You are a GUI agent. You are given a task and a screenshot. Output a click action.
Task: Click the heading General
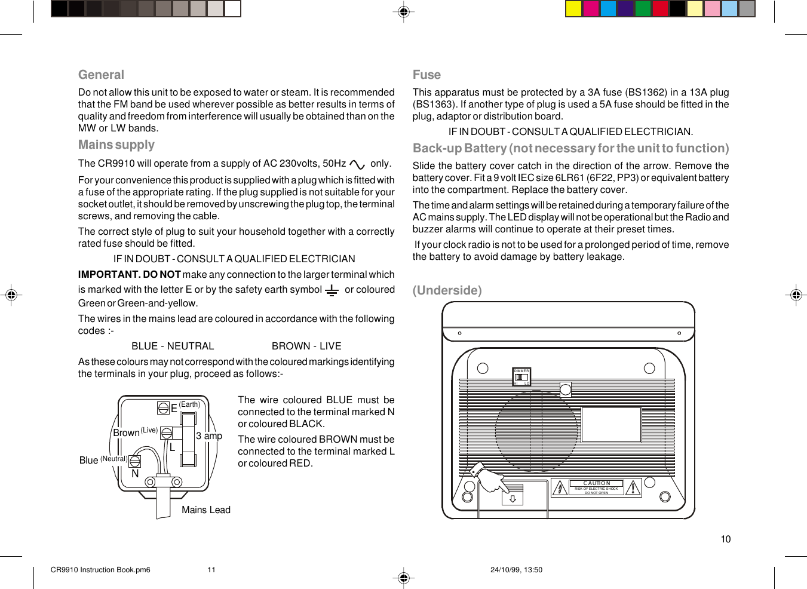pos(101,75)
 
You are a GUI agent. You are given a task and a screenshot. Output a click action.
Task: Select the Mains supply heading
pos(116,145)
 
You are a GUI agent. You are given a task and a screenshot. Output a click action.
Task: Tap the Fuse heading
pos(426,75)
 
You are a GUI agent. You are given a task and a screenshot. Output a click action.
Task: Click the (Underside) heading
pos(447,290)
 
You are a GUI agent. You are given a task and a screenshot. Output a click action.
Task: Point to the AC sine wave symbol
pos(357,164)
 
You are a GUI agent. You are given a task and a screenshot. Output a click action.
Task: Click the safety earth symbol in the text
pos(332,290)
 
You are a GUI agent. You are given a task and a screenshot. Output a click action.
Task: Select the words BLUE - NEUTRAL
pos(173,346)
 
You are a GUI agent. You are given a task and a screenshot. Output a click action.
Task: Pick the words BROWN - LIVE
pos(306,346)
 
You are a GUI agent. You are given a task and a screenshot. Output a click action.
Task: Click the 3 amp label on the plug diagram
pos(209,436)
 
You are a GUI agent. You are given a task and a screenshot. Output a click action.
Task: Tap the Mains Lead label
pos(205,510)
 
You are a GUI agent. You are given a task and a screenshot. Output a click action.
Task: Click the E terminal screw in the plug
pos(163,407)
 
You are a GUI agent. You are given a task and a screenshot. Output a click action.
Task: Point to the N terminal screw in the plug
pos(135,461)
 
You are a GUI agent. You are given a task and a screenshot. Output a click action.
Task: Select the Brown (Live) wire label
pos(135,432)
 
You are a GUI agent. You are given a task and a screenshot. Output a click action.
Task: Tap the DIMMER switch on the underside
pos(521,377)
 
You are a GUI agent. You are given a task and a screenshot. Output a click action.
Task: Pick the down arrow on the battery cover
pos(513,498)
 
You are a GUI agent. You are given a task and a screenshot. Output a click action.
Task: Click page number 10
pos(725,539)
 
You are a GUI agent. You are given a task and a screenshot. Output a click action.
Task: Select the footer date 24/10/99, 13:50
pos(516,570)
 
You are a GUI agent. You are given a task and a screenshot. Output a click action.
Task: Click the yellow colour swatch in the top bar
pos(573,8)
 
